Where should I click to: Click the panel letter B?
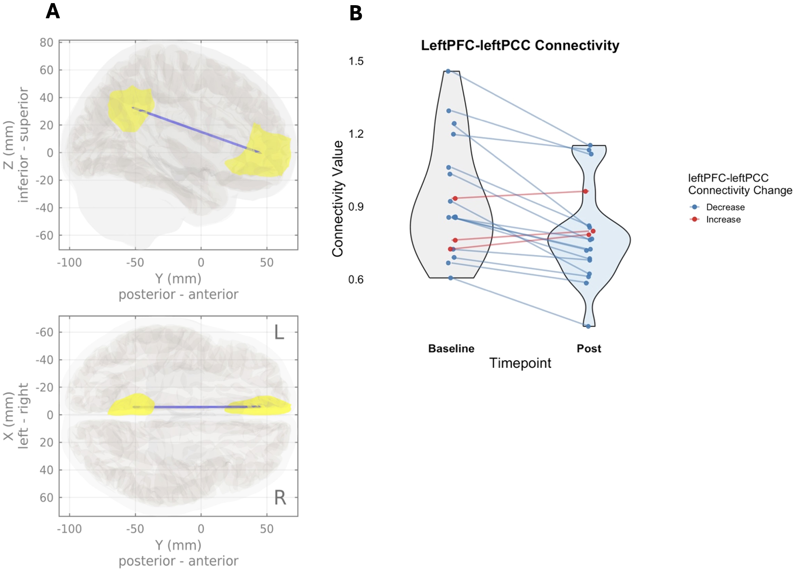click(x=356, y=13)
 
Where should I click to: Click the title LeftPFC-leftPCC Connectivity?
click(x=520, y=45)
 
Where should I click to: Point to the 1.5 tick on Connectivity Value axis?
click(x=356, y=61)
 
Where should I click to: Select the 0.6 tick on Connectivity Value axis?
click(x=356, y=279)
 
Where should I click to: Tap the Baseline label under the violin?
click(x=451, y=348)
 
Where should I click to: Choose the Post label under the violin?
click(x=589, y=348)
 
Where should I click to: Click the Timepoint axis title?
click(x=520, y=363)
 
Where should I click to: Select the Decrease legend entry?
click(x=725, y=207)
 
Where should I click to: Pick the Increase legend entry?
click(x=723, y=220)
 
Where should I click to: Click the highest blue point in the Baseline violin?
click(x=448, y=71)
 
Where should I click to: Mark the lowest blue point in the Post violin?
click(x=588, y=326)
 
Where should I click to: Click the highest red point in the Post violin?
click(x=585, y=191)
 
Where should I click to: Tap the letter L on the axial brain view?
click(x=279, y=332)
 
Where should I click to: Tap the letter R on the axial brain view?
click(x=280, y=498)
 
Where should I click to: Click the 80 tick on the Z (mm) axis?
click(x=46, y=42)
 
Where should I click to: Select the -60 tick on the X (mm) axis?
click(x=45, y=332)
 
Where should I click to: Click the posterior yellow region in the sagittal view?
click(x=130, y=109)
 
